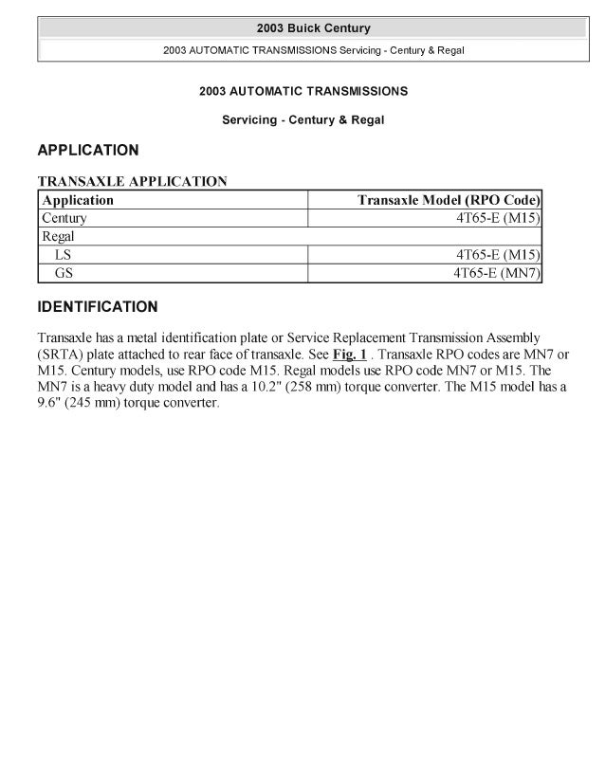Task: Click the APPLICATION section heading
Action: tap(87, 150)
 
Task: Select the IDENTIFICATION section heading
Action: tap(97, 307)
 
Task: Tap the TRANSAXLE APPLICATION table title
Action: tap(132, 180)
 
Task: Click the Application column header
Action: tap(78, 200)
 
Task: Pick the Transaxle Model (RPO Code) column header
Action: tap(449, 200)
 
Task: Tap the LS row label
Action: tap(64, 255)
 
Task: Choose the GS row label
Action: tap(64, 273)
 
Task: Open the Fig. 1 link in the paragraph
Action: tap(349, 353)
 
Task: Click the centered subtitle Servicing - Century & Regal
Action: tap(302, 120)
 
